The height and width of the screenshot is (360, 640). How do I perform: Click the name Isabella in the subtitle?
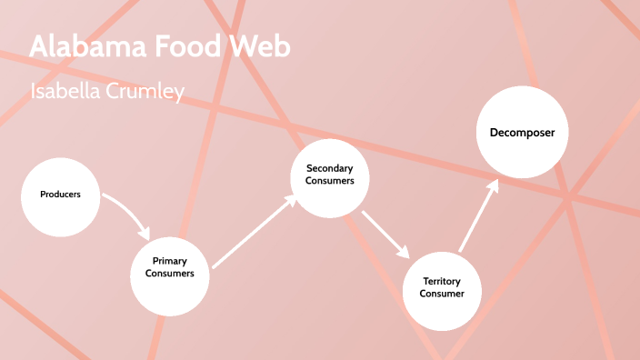(65, 92)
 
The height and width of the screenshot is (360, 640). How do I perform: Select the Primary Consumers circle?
(170, 267)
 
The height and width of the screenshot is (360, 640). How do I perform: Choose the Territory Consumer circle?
(442, 288)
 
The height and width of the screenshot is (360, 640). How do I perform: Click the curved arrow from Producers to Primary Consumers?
(127, 211)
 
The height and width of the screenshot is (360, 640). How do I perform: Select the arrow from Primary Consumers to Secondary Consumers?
(254, 232)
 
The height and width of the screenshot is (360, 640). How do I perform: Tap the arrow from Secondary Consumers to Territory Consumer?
(385, 234)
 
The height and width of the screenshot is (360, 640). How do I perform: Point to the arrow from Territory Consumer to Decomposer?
(478, 215)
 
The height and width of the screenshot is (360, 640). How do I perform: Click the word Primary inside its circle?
(170, 261)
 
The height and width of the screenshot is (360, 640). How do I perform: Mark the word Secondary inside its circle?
(329, 168)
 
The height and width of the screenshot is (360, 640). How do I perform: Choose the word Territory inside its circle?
(442, 282)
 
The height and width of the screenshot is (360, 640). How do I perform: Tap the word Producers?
(60, 195)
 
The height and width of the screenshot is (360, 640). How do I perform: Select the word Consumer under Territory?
(442, 295)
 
